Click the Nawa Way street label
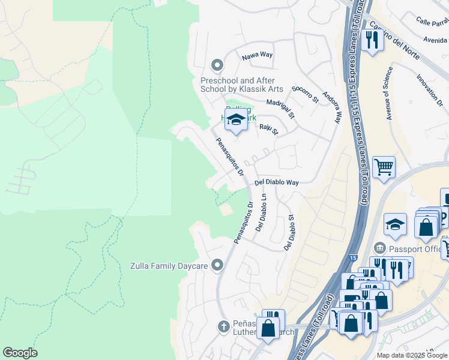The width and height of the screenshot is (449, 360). pos(257,55)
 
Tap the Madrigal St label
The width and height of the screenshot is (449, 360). pos(281,109)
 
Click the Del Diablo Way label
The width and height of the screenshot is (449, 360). pos(276,182)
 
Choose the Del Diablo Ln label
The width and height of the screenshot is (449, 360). pos(261,212)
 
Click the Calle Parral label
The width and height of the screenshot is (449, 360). pos(432,22)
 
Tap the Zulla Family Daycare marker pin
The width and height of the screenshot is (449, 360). pos(217,265)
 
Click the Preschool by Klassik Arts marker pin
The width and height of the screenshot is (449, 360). pos(217,65)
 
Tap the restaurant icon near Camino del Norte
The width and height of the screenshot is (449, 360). pos(372,40)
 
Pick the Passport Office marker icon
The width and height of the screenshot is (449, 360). pos(379,248)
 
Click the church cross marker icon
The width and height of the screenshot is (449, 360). pos(223,326)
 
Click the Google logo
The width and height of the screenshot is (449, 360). pos(20,353)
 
